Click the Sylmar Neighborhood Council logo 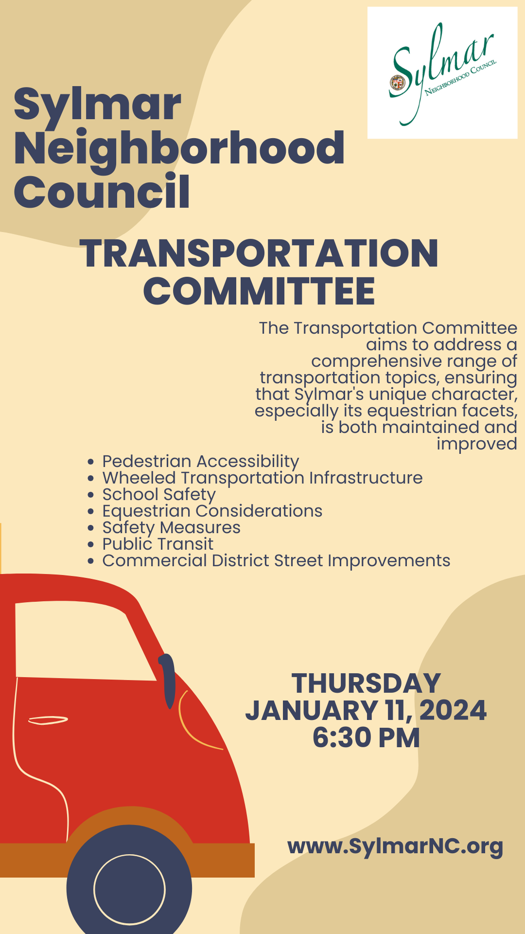pos(442,73)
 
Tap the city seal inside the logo pos(398,83)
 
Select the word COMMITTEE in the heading pos(259,291)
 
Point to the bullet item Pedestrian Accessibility pos(200,461)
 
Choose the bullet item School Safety pos(158,494)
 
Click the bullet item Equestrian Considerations pos(212,511)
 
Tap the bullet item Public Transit pos(157,544)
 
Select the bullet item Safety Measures pos(171,527)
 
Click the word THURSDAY pos(366,683)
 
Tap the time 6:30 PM pos(366,737)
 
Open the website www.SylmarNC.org pos(395,846)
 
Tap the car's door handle pos(48,720)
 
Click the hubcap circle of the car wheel pos(129,889)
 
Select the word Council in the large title pos(102,192)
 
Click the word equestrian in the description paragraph pos(406,411)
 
